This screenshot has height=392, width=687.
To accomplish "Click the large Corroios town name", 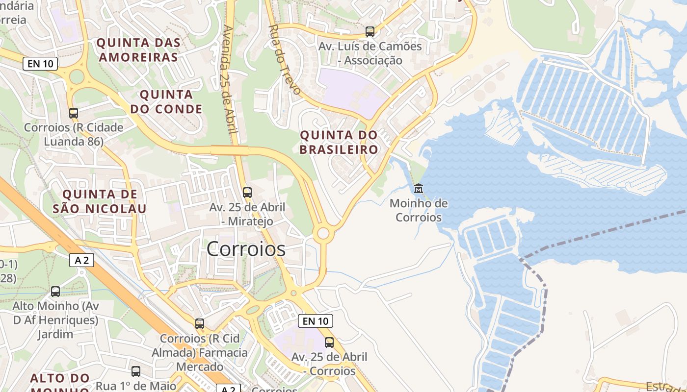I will tap(246, 249).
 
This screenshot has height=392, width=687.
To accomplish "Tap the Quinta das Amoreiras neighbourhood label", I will tap(138, 50).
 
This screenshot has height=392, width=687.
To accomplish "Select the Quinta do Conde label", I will tap(166, 101).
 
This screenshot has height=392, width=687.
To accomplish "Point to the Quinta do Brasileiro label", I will tap(339, 142).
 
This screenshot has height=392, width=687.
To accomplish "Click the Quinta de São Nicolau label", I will tap(100, 201).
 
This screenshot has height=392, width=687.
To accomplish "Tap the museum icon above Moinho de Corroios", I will tap(419, 188).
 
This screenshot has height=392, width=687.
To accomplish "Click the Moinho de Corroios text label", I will tap(419, 210).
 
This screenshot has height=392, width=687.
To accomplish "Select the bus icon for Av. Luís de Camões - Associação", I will tap(370, 32).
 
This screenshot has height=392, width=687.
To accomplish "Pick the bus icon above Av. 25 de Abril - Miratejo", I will tap(247, 192).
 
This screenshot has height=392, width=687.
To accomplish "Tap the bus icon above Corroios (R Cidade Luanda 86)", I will tap(74, 113).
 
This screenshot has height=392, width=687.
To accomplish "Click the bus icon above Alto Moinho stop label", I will tap(55, 291).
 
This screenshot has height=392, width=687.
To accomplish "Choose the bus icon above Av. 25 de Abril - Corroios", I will tap(329, 342).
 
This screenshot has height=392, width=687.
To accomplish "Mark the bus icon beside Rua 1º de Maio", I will tap(136, 371).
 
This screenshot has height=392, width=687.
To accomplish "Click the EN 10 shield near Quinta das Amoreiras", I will tap(40, 63).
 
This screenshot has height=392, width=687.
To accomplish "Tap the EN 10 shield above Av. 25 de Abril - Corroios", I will tap(316, 321).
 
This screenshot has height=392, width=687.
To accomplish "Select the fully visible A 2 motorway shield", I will tap(81, 260).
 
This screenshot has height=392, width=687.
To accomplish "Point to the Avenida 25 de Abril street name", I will tap(229, 78).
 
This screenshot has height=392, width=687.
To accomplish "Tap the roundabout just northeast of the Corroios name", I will tap(323, 233).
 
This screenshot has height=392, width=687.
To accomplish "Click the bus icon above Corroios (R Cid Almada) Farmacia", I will tap(200, 323).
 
